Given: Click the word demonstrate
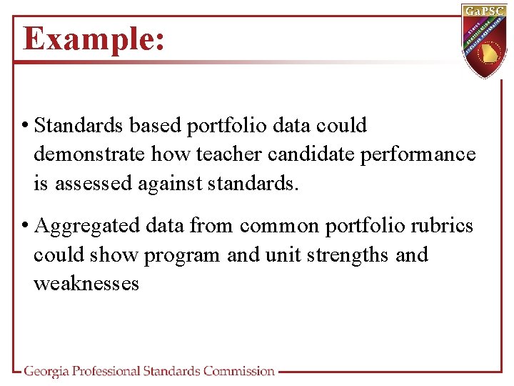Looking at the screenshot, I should click(x=90, y=154).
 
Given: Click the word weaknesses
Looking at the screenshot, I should click(x=86, y=284).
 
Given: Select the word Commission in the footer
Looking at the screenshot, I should click(x=238, y=371).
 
